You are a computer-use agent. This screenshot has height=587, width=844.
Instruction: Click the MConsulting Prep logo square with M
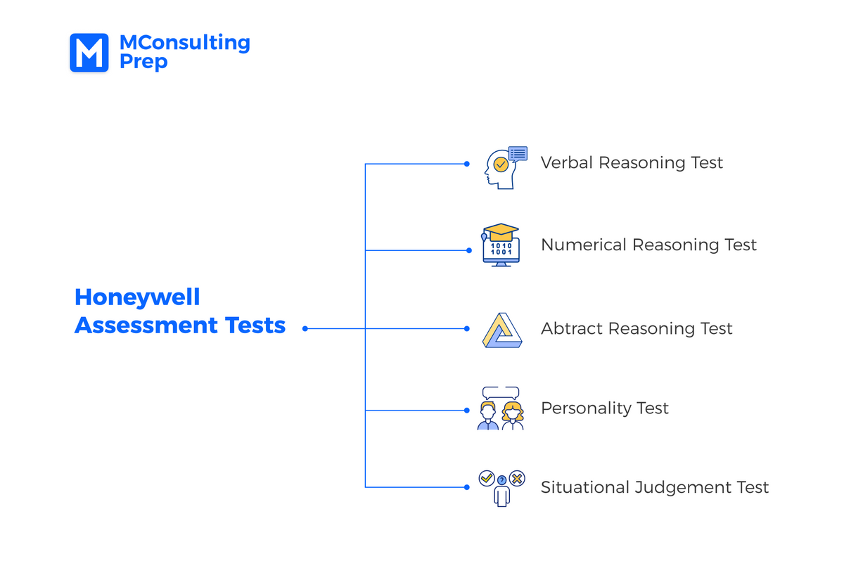click(89, 53)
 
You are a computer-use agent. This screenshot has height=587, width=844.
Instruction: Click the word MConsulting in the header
click(184, 43)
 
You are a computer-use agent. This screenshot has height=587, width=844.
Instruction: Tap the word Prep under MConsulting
click(143, 63)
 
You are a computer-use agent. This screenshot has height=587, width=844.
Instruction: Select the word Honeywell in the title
click(137, 297)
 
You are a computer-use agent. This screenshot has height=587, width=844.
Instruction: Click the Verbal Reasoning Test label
click(632, 163)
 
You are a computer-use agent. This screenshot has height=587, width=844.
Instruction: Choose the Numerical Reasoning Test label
click(648, 245)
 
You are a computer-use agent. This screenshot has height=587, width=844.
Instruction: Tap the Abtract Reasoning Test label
click(637, 329)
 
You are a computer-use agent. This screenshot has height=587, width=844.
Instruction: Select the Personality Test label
click(604, 408)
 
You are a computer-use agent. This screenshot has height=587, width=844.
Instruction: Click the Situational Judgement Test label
click(654, 488)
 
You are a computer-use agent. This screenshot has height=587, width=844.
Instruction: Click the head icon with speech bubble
click(503, 168)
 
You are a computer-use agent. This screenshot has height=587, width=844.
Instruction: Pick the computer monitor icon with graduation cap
click(501, 245)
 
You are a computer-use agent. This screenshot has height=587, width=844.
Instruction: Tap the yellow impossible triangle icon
click(502, 330)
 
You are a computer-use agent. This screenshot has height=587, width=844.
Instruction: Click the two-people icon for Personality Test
click(501, 408)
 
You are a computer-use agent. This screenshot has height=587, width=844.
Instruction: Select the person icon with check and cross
click(501, 488)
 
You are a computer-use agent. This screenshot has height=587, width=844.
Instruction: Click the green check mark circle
click(486, 478)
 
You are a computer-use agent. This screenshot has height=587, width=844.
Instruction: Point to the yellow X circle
click(518, 478)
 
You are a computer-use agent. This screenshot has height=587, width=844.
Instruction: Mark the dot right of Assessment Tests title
click(305, 328)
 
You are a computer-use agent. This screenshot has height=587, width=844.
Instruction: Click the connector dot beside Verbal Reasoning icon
click(467, 164)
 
